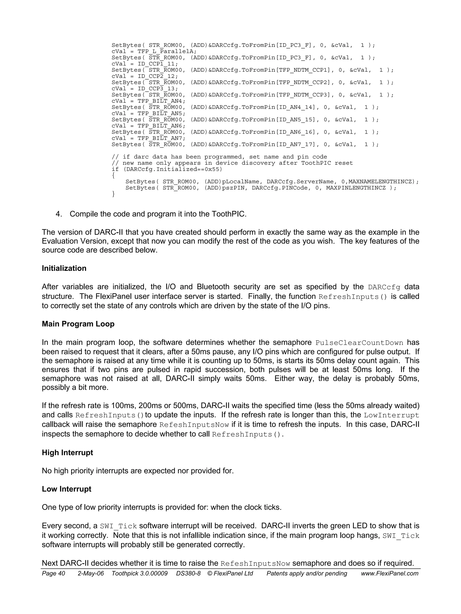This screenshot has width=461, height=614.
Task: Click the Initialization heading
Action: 64,268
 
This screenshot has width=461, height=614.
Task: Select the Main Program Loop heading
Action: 78,324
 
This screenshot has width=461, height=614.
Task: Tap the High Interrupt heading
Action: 67,453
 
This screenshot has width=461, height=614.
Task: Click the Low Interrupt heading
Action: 66,489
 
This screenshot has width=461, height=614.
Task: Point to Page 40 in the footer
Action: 53,573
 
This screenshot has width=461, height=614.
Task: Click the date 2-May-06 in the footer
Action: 91,573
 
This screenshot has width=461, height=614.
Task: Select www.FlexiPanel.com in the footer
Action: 389,573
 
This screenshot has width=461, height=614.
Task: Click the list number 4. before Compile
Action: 59,214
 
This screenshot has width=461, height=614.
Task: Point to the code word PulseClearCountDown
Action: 359,343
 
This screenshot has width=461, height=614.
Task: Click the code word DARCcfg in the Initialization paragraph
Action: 384,287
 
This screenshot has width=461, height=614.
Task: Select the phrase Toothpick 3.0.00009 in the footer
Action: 140,573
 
